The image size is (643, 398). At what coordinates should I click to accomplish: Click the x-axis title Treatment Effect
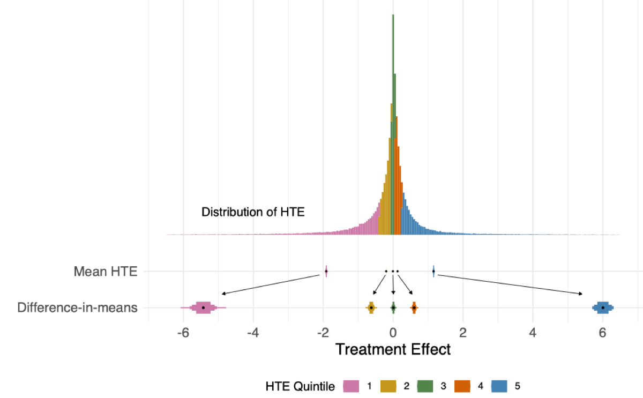click(x=393, y=349)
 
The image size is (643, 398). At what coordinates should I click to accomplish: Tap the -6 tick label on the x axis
click(x=183, y=332)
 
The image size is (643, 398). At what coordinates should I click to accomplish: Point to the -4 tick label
click(x=253, y=332)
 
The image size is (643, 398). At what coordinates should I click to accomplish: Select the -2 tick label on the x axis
click(x=323, y=332)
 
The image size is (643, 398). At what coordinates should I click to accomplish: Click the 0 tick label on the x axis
click(x=393, y=332)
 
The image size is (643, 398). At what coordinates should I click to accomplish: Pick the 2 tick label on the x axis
click(x=463, y=332)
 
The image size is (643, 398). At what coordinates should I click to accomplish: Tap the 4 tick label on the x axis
click(x=533, y=332)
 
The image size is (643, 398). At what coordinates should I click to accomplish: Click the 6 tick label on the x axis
click(x=602, y=332)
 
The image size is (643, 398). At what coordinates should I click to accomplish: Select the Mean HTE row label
click(x=106, y=272)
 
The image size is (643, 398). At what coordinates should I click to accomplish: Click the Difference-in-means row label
click(x=77, y=307)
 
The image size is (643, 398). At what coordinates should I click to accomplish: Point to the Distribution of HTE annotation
click(x=253, y=212)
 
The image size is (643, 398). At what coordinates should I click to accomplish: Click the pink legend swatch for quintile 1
click(x=351, y=386)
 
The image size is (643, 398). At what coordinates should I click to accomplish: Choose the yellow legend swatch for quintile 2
click(x=388, y=386)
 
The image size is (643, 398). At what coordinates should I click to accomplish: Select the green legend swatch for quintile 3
click(x=425, y=386)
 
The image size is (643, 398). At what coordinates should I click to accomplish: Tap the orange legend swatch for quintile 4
click(x=462, y=386)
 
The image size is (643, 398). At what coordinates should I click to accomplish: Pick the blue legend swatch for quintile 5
click(x=499, y=386)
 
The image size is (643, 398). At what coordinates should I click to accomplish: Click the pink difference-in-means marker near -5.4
click(x=203, y=307)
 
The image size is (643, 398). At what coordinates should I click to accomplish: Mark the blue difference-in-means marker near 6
click(x=603, y=307)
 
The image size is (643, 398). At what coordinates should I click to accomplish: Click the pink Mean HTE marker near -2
click(x=326, y=272)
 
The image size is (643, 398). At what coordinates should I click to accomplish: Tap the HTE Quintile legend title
click(x=300, y=386)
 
